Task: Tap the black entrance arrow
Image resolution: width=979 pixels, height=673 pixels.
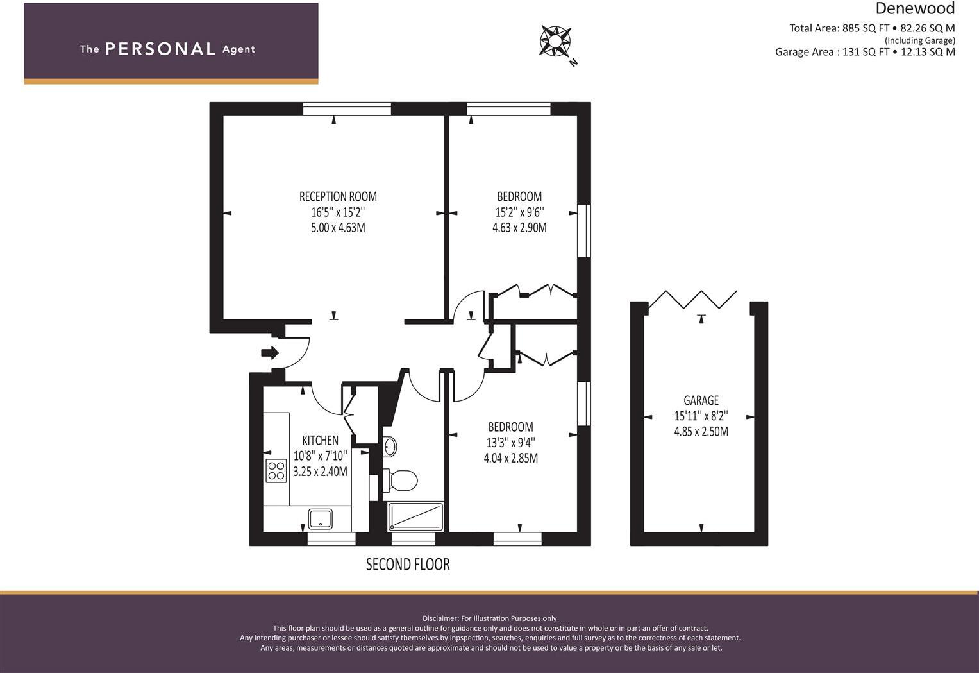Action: click(x=270, y=352)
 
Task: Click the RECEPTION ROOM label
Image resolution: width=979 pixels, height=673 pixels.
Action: click(x=338, y=196)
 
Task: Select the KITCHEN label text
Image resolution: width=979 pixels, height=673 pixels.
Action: click(x=320, y=440)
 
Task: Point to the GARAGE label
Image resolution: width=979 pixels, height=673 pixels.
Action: click(x=701, y=400)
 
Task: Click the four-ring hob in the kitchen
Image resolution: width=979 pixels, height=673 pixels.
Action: click(x=276, y=471)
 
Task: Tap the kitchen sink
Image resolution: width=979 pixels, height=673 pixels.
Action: click(x=320, y=518)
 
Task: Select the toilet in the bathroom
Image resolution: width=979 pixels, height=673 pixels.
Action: click(x=402, y=479)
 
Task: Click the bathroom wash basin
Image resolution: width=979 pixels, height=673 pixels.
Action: click(x=390, y=445)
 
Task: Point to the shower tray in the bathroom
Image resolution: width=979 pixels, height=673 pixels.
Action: click(x=415, y=516)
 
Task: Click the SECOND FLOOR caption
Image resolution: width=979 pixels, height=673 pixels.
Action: click(x=408, y=565)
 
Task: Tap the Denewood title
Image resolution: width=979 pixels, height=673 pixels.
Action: click(x=915, y=8)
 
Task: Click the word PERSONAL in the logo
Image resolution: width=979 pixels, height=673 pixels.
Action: click(x=160, y=49)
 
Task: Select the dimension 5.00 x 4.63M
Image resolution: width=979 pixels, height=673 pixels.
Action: click(x=338, y=228)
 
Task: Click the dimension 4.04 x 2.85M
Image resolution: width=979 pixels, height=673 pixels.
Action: click(x=510, y=458)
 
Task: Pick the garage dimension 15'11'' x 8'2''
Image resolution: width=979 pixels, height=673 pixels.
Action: click(x=701, y=416)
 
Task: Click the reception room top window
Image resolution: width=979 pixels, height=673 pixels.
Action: click(x=347, y=109)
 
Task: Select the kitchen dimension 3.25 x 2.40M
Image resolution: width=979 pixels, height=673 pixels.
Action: click(x=320, y=472)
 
